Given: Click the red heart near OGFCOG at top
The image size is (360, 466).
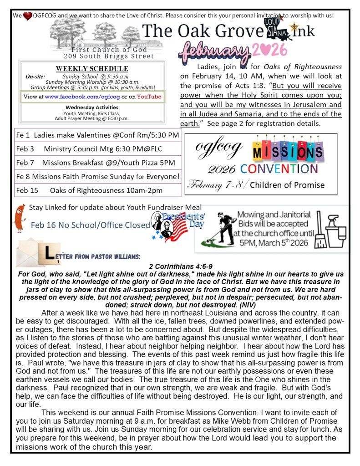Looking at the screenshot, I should click(x=28, y=16).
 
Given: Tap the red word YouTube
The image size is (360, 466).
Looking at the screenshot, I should click(x=149, y=97).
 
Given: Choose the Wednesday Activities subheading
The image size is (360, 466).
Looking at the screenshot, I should click(x=91, y=107).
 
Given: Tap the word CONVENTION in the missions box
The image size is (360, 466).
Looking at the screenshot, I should click(x=279, y=169).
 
